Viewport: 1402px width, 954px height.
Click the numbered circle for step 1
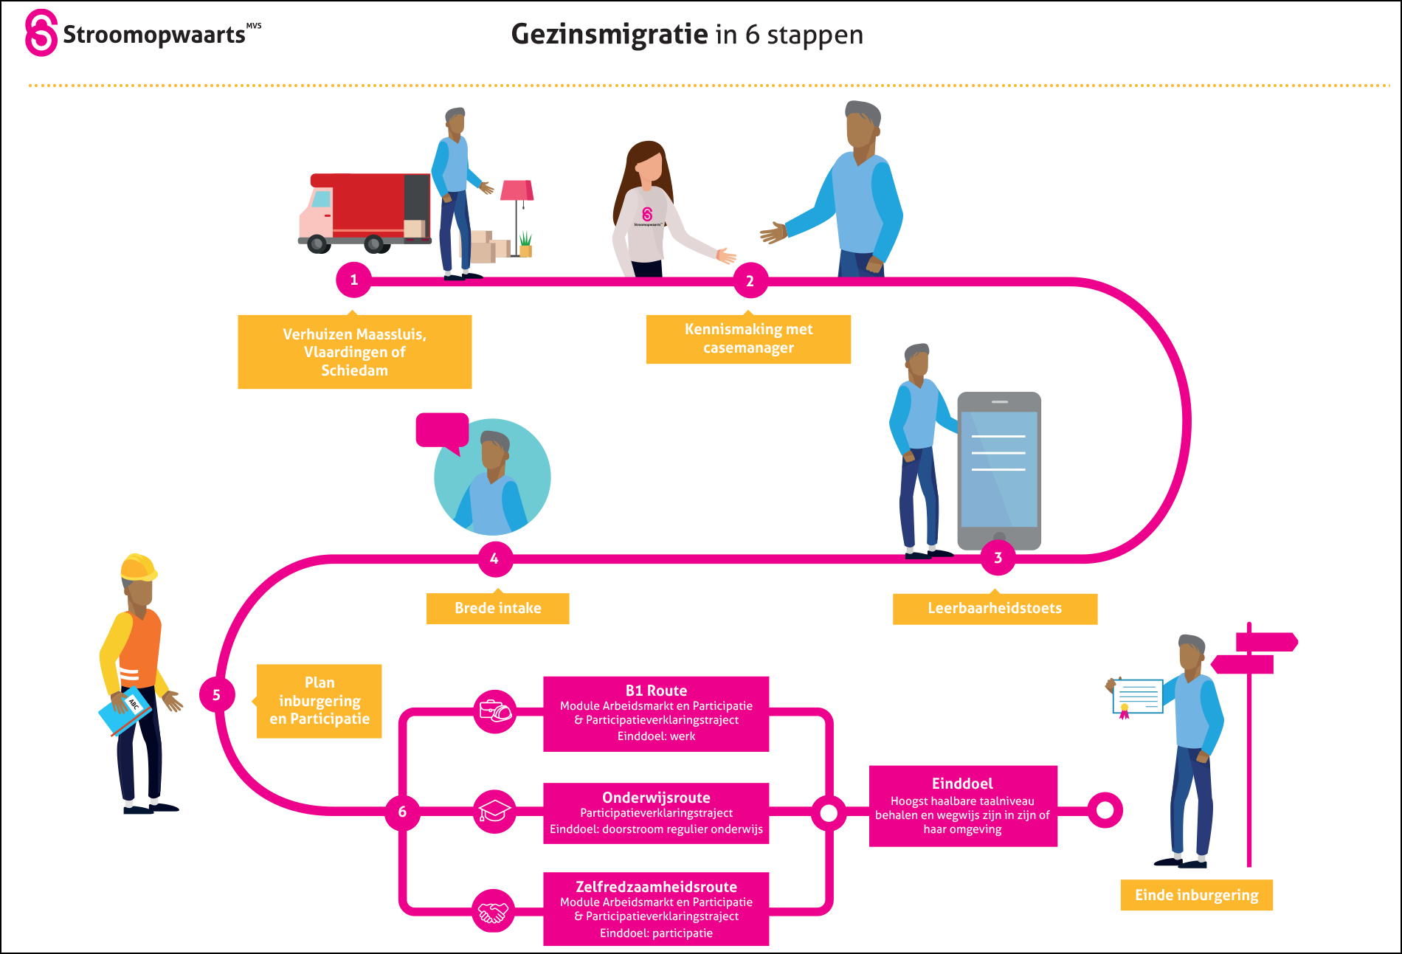pyautogui.click(x=353, y=280)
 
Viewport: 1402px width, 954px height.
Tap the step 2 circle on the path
pyautogui.click(x=750, y=280)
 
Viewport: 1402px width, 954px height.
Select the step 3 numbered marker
pyautogui.click(x=998, y=558)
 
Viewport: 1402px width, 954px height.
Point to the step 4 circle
pyautogui.click(x=494, y=559)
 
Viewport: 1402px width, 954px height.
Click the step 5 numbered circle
pyautogui.click(x=216, y=694)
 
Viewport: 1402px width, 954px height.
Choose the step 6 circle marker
pyautogui.click(x=402, y=812)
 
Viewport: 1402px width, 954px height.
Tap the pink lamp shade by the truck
pyautogui.click(x=517, y=190)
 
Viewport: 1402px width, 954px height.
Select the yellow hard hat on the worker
pyautogui.click(x=137, y=567)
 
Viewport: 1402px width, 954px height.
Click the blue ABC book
pyautogui.click(x=125, y=711)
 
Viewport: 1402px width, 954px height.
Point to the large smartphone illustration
pyautogui.click(x=999, y=471)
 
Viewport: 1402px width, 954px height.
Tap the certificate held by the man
pyautogui.click(x=1138, y=697)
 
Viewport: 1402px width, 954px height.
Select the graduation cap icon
pyautogui.click(x=494, y=812)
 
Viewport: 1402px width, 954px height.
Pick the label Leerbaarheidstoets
pyautogui.click(x=995, y=609)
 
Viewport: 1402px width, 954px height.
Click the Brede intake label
pyautogui.click(x=497, y=609)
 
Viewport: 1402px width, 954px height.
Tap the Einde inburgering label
pyautogui.click(x=1196, y=895)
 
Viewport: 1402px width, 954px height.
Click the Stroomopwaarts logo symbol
pyautogui.click(x=41, y=32)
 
